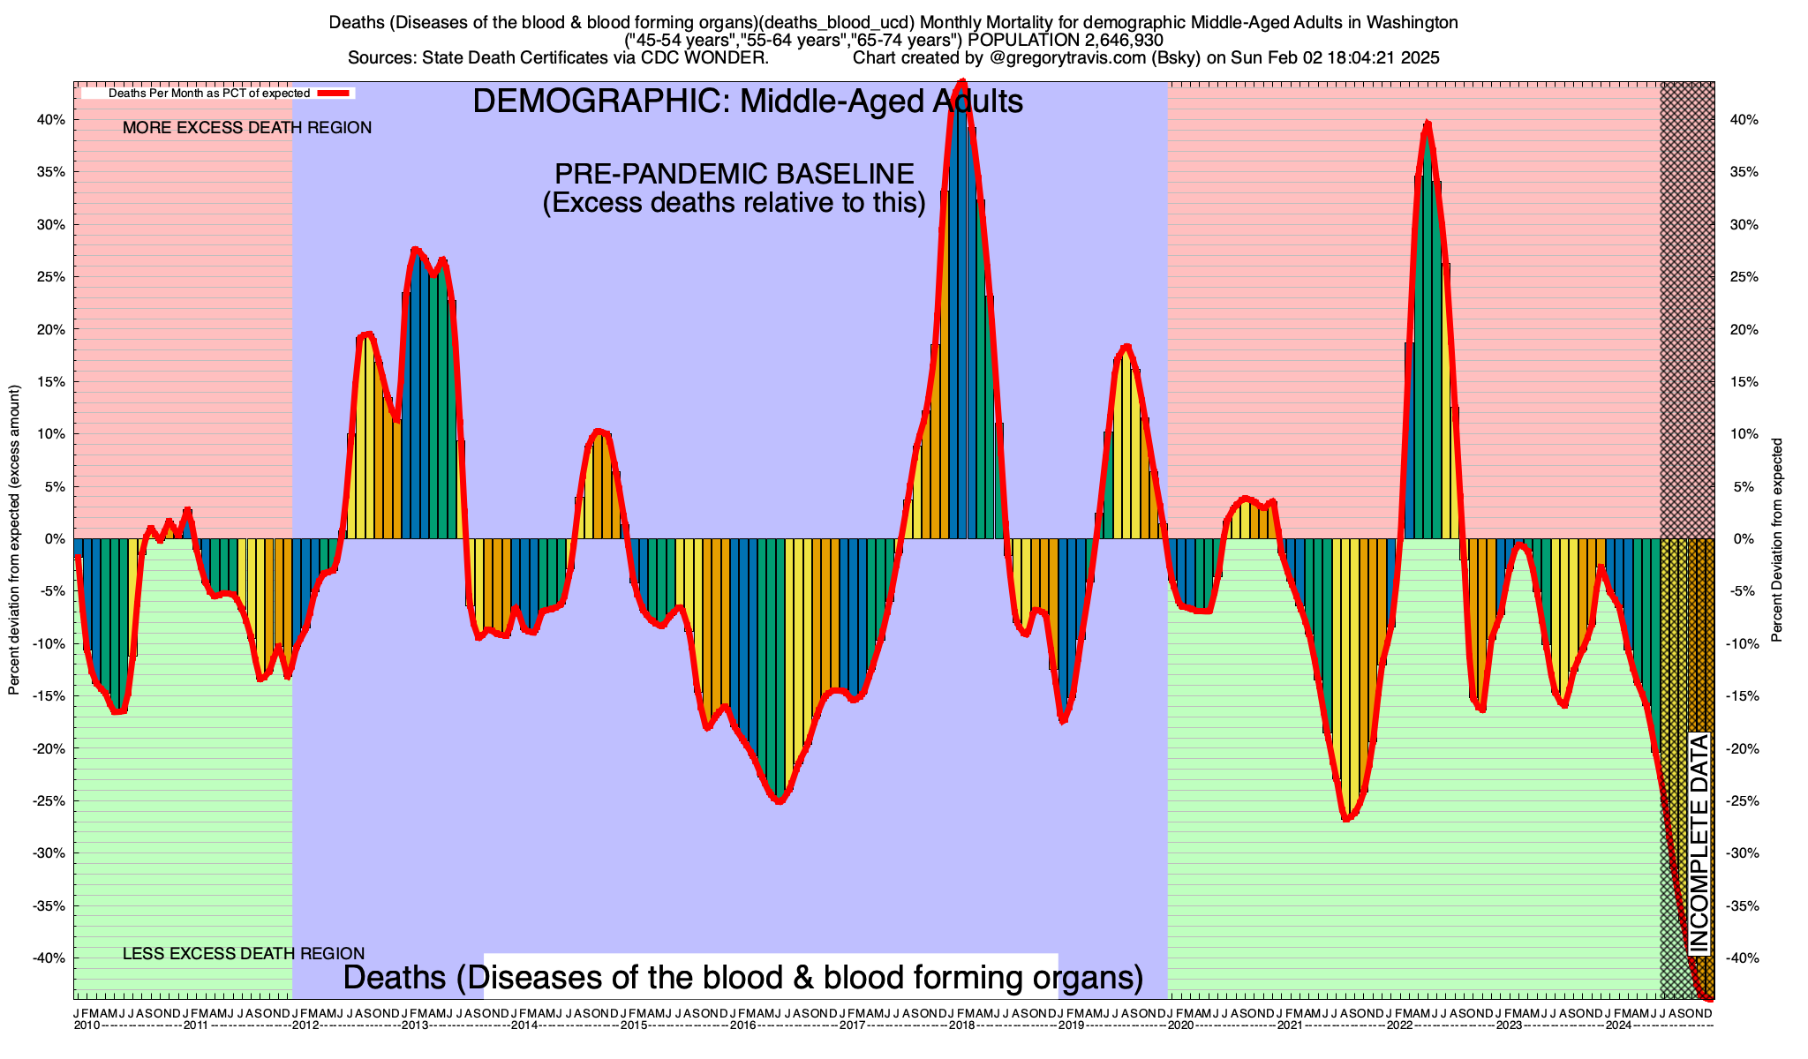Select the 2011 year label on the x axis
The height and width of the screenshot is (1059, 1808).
tap(195, 1025)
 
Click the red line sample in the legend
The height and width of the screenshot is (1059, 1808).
tap(336, 93)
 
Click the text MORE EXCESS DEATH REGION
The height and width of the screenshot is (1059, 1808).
tap(247, 128)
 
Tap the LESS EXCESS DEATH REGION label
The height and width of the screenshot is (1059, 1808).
tap(244, 954)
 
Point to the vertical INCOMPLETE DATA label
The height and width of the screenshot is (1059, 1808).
tap(1699, 843)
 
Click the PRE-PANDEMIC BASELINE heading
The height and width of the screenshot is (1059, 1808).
tap(734, 173)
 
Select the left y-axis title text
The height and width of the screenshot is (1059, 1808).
tap(14, 540)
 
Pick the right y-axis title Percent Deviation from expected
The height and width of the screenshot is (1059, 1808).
tap(1777, 540)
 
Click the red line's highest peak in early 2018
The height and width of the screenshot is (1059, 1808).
tap(962, 82)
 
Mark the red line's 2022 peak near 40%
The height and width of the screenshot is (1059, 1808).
tap(1427, 124)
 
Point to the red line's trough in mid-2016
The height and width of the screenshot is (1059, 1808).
tap(779, 801)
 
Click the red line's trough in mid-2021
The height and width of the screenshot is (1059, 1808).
tap(1345, 819)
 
